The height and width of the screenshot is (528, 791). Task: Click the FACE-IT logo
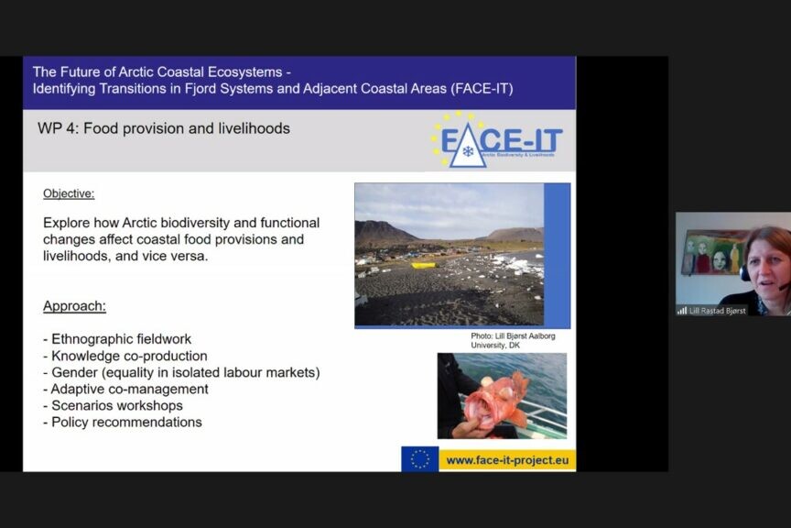click(496, 140)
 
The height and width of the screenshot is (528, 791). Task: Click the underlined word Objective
click(69, 193)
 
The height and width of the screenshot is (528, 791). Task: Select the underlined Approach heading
click(74, 306)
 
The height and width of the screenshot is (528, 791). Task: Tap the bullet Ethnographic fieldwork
click(117, 338)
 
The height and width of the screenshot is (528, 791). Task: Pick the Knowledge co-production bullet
click(125, 356)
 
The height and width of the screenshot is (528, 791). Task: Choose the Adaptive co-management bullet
click(125, 389)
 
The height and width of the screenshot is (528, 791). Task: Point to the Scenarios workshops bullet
click(113, 406)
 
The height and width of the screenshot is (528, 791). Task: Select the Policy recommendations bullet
click(123, 423)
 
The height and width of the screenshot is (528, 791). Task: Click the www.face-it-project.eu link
click(507, 460)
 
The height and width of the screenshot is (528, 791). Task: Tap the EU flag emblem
click(419, 459)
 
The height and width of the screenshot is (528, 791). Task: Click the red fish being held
click(494, 399)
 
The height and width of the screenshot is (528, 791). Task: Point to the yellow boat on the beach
click(424, 265)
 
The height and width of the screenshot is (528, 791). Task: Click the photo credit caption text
click(513, 341)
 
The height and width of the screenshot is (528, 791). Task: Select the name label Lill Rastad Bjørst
click(718, 311)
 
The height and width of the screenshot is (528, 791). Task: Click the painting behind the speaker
click(715, 251)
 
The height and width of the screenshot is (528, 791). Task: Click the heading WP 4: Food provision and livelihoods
click(164, 128)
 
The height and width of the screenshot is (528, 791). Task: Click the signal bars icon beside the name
click(682, 310)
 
